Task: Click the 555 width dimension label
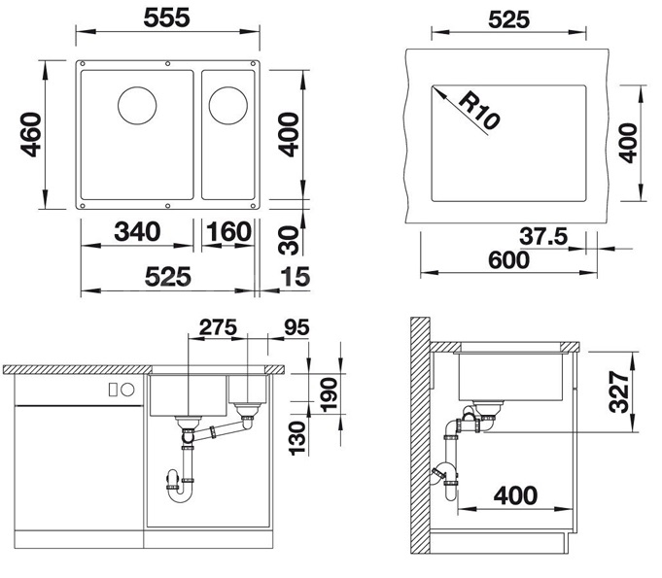tap(167, 18)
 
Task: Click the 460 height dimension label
tap(31, 135)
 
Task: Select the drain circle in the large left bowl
tap(137, 106)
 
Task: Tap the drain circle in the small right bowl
tap(228, 106)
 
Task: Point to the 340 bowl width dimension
tap(138, 231)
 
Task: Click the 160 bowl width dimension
tap(228, 231)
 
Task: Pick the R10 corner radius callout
tap(479, 111)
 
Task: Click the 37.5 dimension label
tap(543, 236)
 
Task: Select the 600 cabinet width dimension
tap(508, 260)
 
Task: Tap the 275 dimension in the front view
tap(218, 327)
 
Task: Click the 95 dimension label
tap(296, 327)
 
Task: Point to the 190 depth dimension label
tap(329, 394)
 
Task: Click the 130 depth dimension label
tap(296, 438)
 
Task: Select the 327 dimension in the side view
tap(619, 391)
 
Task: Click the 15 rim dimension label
tap(296, 277)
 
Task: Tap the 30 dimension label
tap(289, 241)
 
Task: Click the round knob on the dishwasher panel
tap(127, 390)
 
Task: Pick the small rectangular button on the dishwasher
tap(113, 390)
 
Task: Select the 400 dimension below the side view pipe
tap(515, 495)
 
